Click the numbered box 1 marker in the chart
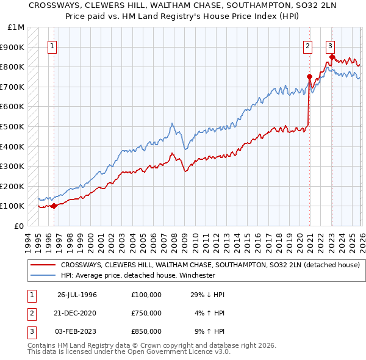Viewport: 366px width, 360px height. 52,46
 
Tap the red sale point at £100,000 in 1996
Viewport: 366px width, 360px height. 54,206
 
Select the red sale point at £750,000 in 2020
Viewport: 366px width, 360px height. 309,77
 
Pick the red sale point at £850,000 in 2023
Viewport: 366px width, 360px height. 332,57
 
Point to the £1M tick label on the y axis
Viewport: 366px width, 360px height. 16,27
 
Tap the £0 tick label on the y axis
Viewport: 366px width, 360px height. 19,226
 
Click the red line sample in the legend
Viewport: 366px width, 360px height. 43,265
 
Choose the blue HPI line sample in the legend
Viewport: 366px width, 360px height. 43,275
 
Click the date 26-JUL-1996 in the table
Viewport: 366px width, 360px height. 77,295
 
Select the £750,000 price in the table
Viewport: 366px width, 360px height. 146,313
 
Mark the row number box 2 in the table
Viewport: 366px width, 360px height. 30,313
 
